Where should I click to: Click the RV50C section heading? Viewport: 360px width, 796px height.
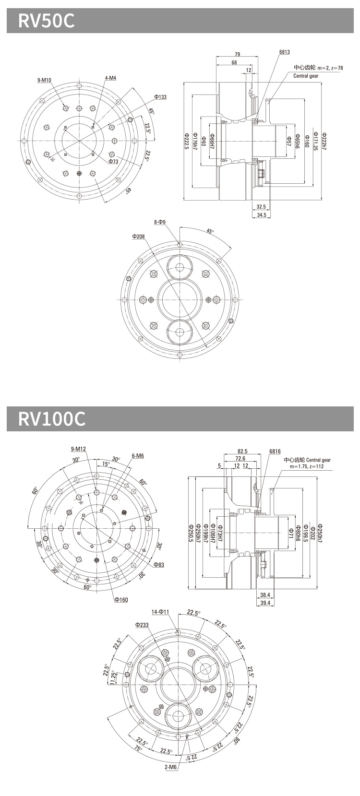47,21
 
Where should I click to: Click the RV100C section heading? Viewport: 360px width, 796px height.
52,418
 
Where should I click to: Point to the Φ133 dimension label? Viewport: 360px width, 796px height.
160,97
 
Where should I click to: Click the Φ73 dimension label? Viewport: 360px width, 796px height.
113,162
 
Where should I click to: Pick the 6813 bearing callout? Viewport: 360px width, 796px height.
284,52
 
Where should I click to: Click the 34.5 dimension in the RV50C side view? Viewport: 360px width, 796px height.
262,215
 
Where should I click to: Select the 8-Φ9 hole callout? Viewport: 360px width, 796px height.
160,222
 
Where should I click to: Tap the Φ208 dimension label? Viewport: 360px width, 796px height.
138,237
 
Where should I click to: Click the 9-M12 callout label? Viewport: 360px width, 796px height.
78,449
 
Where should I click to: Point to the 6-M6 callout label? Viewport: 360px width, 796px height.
137,456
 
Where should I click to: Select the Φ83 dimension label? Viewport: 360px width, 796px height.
159,565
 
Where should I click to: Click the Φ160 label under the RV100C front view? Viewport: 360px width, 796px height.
121,600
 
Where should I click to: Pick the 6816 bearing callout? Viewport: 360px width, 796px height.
275,451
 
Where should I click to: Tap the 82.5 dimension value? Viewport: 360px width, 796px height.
243,451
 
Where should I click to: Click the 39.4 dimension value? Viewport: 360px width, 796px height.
265,603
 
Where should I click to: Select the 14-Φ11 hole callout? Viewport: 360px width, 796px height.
160,612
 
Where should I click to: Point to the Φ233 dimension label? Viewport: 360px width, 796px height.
142,625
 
